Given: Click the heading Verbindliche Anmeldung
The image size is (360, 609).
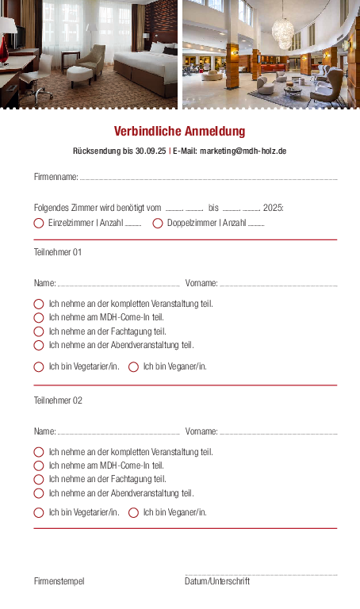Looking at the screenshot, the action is pos(179,132).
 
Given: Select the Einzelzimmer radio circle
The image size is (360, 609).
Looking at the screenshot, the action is pos(39,224).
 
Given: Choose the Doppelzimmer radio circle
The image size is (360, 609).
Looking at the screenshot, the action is pos(158,224).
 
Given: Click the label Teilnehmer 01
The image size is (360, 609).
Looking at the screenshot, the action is pos(58,252).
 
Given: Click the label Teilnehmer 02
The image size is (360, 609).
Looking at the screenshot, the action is pos(58,400).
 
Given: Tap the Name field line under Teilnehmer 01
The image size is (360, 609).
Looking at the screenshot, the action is pos(119,284).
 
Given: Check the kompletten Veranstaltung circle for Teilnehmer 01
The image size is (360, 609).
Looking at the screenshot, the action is pos(39,304).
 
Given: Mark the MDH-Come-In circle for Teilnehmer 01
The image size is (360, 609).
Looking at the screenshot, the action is pos(39,317).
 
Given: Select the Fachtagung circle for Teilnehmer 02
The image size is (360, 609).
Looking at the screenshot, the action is pos(39,479).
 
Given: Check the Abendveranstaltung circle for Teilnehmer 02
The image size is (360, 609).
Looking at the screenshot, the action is pos(39,493).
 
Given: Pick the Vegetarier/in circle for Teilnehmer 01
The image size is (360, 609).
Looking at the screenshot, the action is pos(39,367).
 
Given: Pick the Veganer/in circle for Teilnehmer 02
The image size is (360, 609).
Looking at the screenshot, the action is pos(133,512).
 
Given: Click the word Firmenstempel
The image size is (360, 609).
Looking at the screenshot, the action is pos(59,581).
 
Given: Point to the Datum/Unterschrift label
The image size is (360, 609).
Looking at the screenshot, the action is pos(217,581).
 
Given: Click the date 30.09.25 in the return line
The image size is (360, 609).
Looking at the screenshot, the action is pos(151,151).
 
